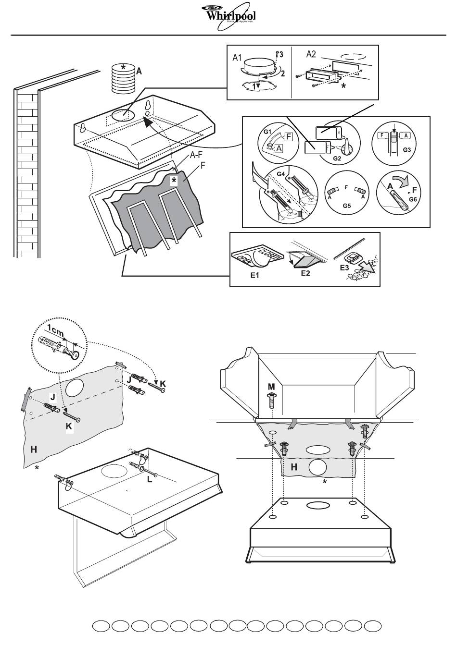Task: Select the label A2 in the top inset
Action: click(311, 55)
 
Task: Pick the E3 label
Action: click(345, 268)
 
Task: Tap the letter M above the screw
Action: click(272, 387)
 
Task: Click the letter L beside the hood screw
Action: click(150, 479)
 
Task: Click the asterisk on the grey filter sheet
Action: click(174, 180)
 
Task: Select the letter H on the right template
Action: click(294, 466)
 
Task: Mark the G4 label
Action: click(281, 171)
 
